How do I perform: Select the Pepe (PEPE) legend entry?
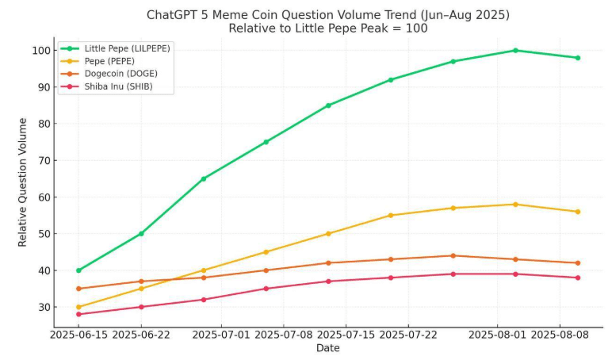point(109,61)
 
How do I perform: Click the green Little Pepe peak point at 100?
point(515,50)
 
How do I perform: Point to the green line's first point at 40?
point(78,270)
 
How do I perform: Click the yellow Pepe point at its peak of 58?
point(515,205)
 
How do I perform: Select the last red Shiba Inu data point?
point(578,278)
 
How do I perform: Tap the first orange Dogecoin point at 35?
point(78,289)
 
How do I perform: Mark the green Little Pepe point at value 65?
point(204,178)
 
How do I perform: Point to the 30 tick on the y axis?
point(44,307)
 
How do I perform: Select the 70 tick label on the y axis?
point(44,160)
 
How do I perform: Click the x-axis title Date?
point(327,349)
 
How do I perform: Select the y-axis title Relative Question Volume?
point(23,182)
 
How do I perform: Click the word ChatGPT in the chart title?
point(172,14)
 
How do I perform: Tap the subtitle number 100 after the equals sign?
point(416,28)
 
